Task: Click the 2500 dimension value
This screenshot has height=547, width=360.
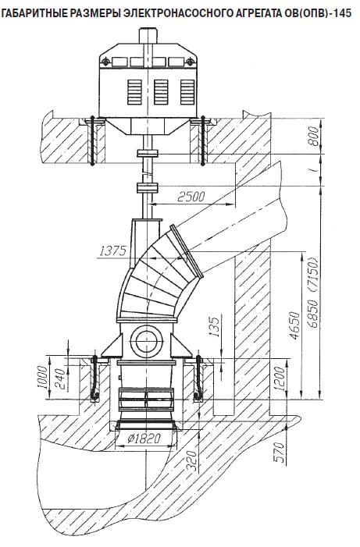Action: click(x=191, y=197)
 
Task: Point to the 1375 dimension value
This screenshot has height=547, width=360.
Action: click(x=112, y=250)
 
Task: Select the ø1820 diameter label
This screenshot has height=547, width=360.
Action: click(x=144, y=439)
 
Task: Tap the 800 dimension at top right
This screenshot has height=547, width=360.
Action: click(x=314, y=137)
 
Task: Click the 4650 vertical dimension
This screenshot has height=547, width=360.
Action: click(x=294, y=325)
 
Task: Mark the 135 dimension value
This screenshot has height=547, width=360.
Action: click(x=216, y=326)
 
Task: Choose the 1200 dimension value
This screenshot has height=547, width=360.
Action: click(x=280, y=378)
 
